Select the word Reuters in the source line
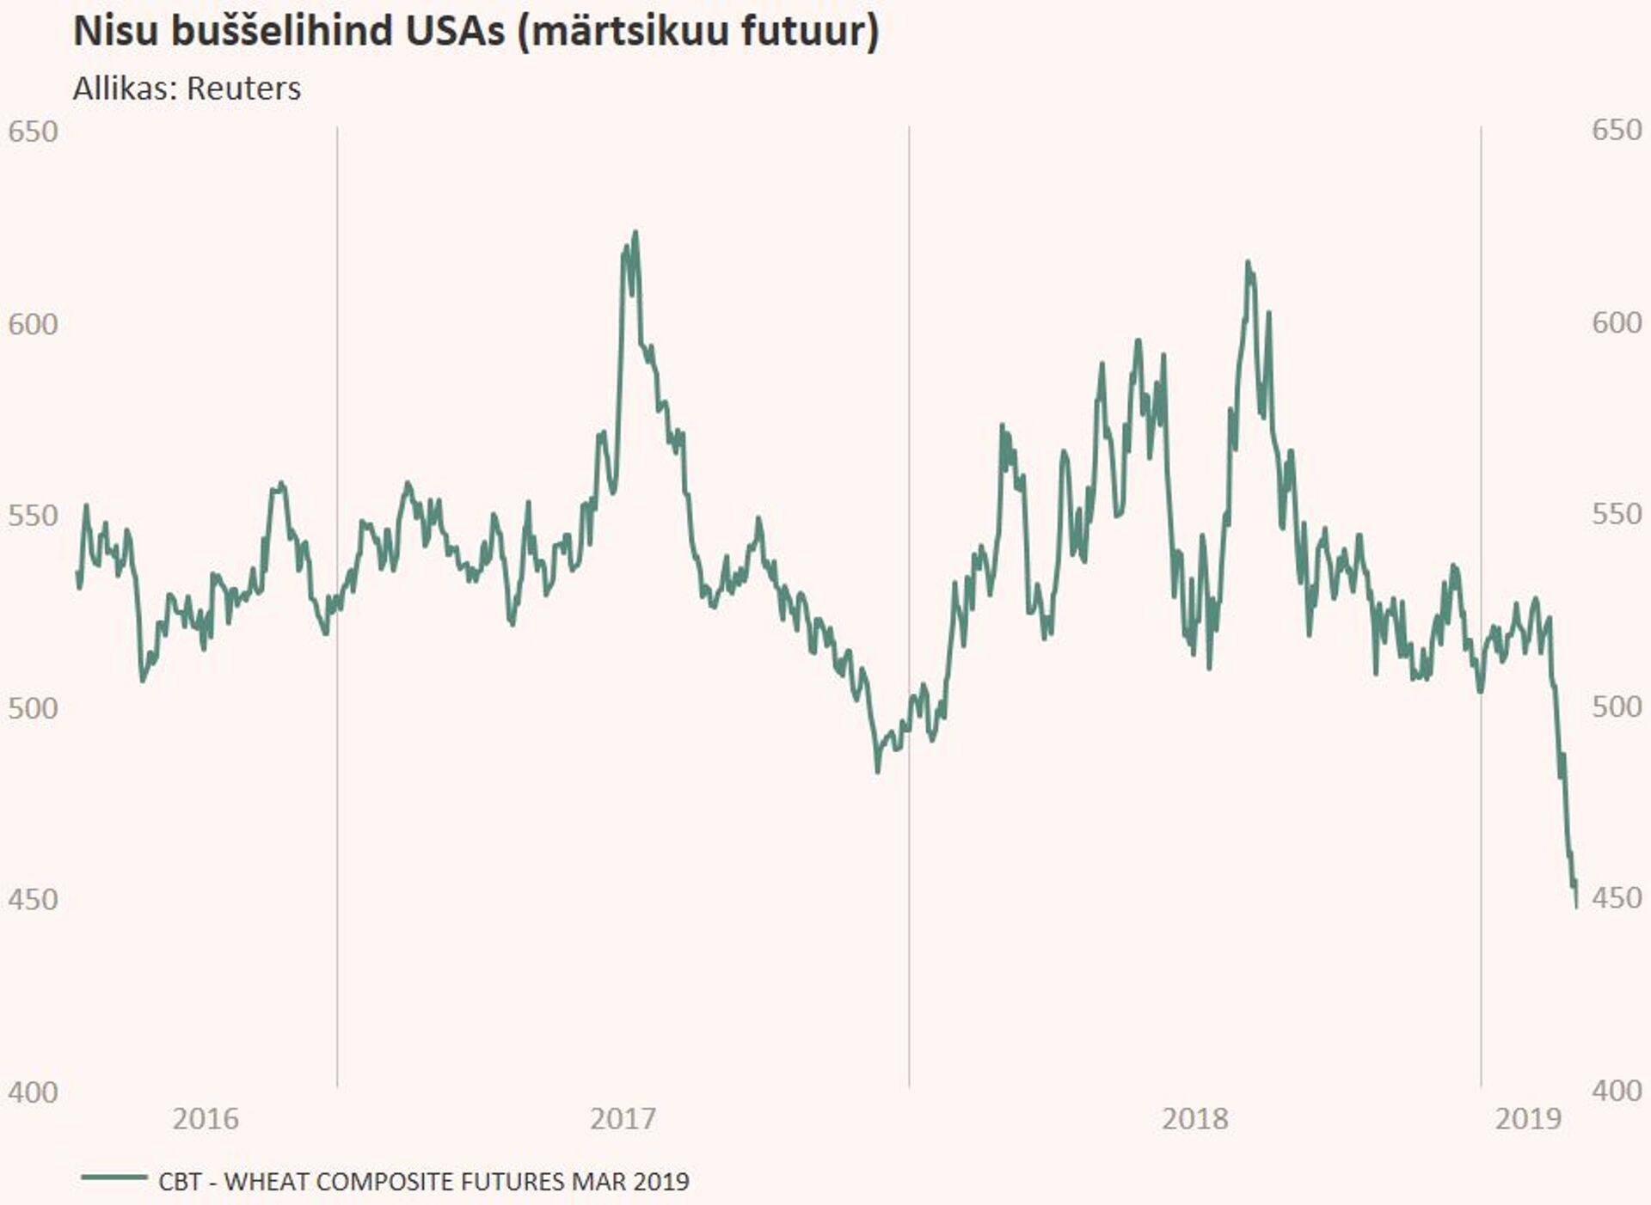point(244,89)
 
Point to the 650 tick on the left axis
point(33,132)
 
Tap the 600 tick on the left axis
point(33,324)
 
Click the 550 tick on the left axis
point(33,516)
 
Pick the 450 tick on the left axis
point(33,900)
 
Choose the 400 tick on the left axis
point(33,1092)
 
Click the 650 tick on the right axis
point(1617,130)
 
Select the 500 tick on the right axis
point(1617,706)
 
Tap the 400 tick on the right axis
point(1617,1091)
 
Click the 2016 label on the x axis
point(206,1118)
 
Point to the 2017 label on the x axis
point(623,1118)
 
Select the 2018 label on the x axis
point(1194,1118)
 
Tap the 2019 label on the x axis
point(1528,1118)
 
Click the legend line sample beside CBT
point(114,1177)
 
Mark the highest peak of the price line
point(635,232)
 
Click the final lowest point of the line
point(1576,906)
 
